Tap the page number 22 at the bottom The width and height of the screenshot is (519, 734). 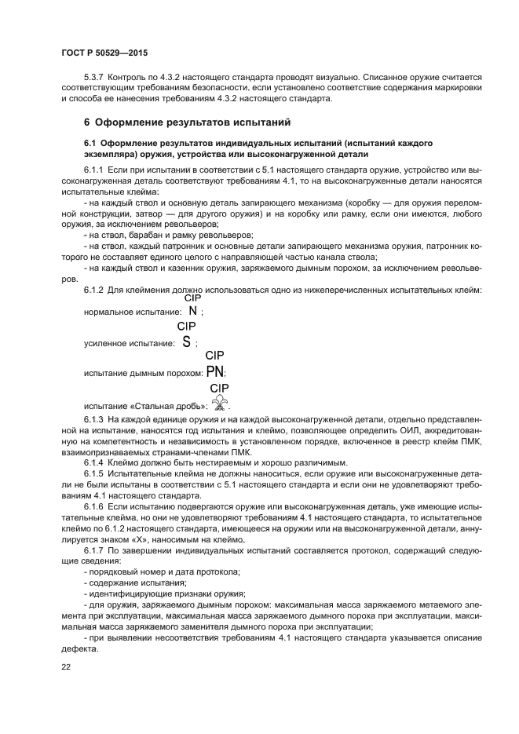(x=66, y=667)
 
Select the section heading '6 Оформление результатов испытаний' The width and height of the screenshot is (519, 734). (x=187, y=123)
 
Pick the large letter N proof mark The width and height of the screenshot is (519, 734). (x=192, y=310)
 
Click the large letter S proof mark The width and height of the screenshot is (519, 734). (x=186, y=341)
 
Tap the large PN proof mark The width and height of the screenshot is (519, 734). (x=215, y=372)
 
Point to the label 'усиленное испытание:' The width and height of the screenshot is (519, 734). (x=128, y=344)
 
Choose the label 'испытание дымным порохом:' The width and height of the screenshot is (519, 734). (x=143, y=374)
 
